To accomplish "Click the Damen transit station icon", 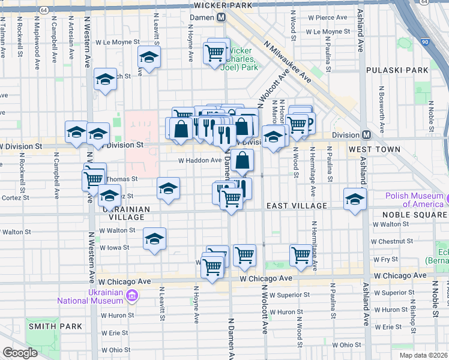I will [221, 18].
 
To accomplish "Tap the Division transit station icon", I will [366, 134].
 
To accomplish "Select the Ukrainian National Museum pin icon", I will [133, 295].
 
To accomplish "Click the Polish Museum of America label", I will [415, 200].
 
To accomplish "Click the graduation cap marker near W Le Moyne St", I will [148, 58].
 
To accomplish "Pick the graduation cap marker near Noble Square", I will [355, 199].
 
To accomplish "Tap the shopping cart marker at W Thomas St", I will [93, 178].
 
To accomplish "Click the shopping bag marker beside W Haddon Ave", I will [243, 160].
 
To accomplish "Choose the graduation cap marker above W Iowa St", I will [154, 239].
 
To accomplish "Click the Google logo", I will [20, 353].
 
